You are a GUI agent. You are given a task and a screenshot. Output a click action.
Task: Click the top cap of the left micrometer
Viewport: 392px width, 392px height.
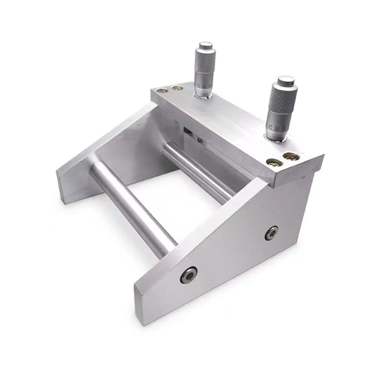[x=205, y=45]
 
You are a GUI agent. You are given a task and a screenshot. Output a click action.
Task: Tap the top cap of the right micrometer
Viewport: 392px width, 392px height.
[x=286, y=81]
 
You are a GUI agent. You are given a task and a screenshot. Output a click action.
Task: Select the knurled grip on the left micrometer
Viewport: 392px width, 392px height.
[x=205, y=63]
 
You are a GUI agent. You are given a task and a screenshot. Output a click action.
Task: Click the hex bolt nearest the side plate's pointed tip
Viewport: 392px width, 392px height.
[x=189, y=275]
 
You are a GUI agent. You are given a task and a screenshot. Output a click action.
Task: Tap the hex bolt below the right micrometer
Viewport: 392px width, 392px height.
[x=271, y=233]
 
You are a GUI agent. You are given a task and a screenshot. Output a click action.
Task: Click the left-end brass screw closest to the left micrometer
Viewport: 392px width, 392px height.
[x=177, y=88]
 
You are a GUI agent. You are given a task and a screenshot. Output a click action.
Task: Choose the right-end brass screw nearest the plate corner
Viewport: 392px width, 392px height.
[x=292, y=157]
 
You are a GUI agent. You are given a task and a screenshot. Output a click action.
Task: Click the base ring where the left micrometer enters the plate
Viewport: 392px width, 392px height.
[x=203, y=95]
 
